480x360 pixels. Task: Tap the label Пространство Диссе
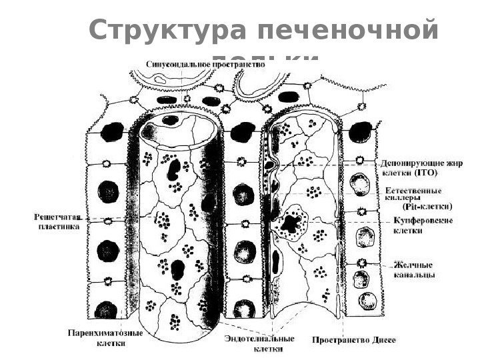[354, 339]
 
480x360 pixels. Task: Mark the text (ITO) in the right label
[426, 173]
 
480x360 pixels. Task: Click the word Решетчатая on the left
[57, 217]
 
